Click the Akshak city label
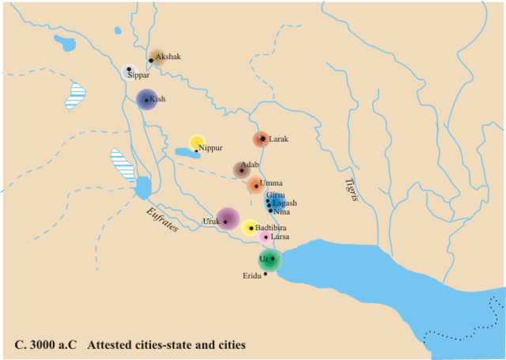(x=168, y=56)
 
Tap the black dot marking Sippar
(x=129, y=69)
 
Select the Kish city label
(x=158, y=100)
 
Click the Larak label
(x=279, y=139)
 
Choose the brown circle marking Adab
(x=241, y=170)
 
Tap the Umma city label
(x=271, y=184)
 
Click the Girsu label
(x=276, y=195)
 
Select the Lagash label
(x=285, y=203)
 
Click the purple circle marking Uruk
(x=228, y=219)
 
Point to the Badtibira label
(x=270, y=228)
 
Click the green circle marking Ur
(x=270, y=260)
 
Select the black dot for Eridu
(x=266, y=274)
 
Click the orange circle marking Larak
(x=260, y=139)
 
